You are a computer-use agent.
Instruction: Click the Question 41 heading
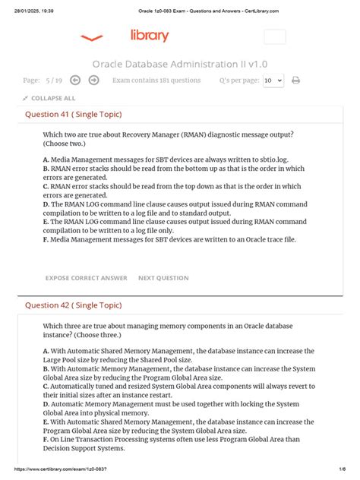pyautogui.click(x=74, y=115)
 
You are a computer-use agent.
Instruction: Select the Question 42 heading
pyautogui.click(x=74, y=305)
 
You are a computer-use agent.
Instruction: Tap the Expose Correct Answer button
pyautogui.click(x=87, y=278)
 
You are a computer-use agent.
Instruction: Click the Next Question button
pyautogui.click(x=163, y=278)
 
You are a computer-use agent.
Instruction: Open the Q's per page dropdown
pyautogui.click(x=273, y=80)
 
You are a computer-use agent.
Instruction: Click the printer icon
pyautogui.click(x=296, y=80)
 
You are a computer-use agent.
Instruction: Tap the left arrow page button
pyautogui.click(x=75, y=80)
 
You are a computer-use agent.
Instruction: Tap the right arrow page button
pyautogui.click(x=93, y=80)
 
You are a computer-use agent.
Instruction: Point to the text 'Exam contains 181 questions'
pyautogui.click(x=156, y=80)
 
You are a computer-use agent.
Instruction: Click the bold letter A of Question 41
pyautogui.click(x=46, y=159)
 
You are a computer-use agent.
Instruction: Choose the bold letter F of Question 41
pyautogui.click(x=46, y=239)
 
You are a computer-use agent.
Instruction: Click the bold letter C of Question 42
pyautogui.click(x=46, y=386)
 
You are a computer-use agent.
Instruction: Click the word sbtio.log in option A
pyautogui.click(x=276, y=159)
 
